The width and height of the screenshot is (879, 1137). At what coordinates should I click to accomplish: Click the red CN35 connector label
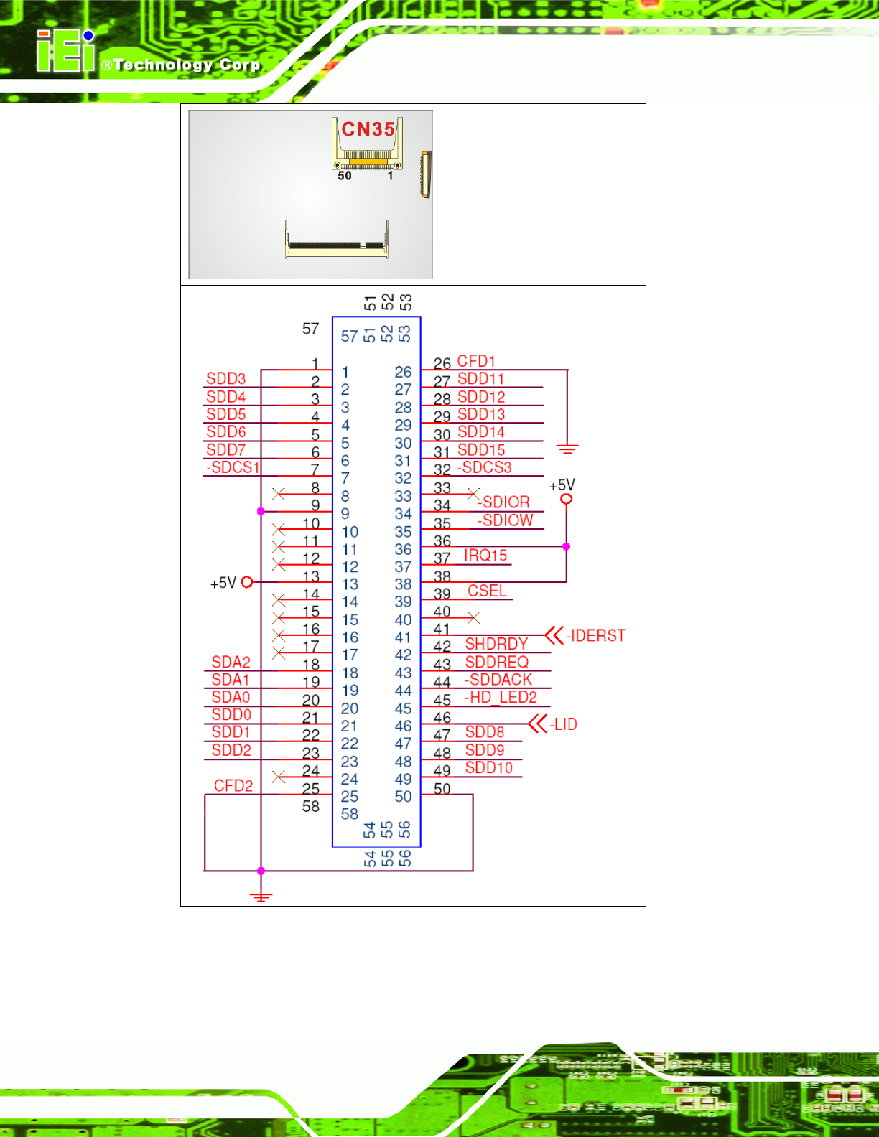pyautogui.click(x=368, y=129)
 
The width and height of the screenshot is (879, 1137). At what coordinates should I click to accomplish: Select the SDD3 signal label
pyautogui.click(x=225, y=379)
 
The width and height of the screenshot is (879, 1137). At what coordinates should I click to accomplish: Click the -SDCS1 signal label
pyautogui.click(x=233, y=467)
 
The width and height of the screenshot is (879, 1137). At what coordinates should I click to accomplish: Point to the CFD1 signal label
pyautogui.click(x=476, y=361)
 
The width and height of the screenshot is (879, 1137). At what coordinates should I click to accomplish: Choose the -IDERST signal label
pyautogui.click(x=596, y=636)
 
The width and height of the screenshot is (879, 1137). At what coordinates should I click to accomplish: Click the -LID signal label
pyautogui.click(x=564, y=725)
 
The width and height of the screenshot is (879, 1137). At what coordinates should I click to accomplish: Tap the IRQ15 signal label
pyautogui.click(x=485, y=556)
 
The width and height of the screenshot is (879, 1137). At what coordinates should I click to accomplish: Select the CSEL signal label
pyautogui.click(x=487, y=591)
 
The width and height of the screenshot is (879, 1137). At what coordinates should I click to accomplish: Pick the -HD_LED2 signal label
pyautogui.click(x=501, y=697)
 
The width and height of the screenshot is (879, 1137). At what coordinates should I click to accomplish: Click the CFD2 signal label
pyautogui.click(x=233, y=786)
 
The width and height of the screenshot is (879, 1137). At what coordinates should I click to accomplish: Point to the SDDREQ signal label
pyautogui.click(x=496, y=662)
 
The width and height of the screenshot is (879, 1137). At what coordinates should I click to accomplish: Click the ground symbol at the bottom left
pyautogui.click(x=261, y=896)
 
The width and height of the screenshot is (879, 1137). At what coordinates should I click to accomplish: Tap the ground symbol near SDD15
pyautogui.click(x=567, y=449)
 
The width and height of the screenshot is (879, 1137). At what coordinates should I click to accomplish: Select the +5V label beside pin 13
pyautogui.click(x=223, y=583)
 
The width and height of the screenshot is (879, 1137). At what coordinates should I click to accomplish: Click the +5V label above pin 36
pyautogui.click(x=562, y=485)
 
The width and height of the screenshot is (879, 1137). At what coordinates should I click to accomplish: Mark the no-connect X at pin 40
pyautogui.click(x=473, y=617)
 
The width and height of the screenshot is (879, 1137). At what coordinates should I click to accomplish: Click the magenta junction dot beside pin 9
pyautogui.click(x=261, y=511)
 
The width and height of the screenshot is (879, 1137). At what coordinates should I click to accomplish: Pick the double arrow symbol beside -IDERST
pyautogui.click(x=554, y=635)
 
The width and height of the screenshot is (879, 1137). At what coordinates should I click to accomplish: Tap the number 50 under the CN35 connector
pyautogui.click(x=345, y=176)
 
